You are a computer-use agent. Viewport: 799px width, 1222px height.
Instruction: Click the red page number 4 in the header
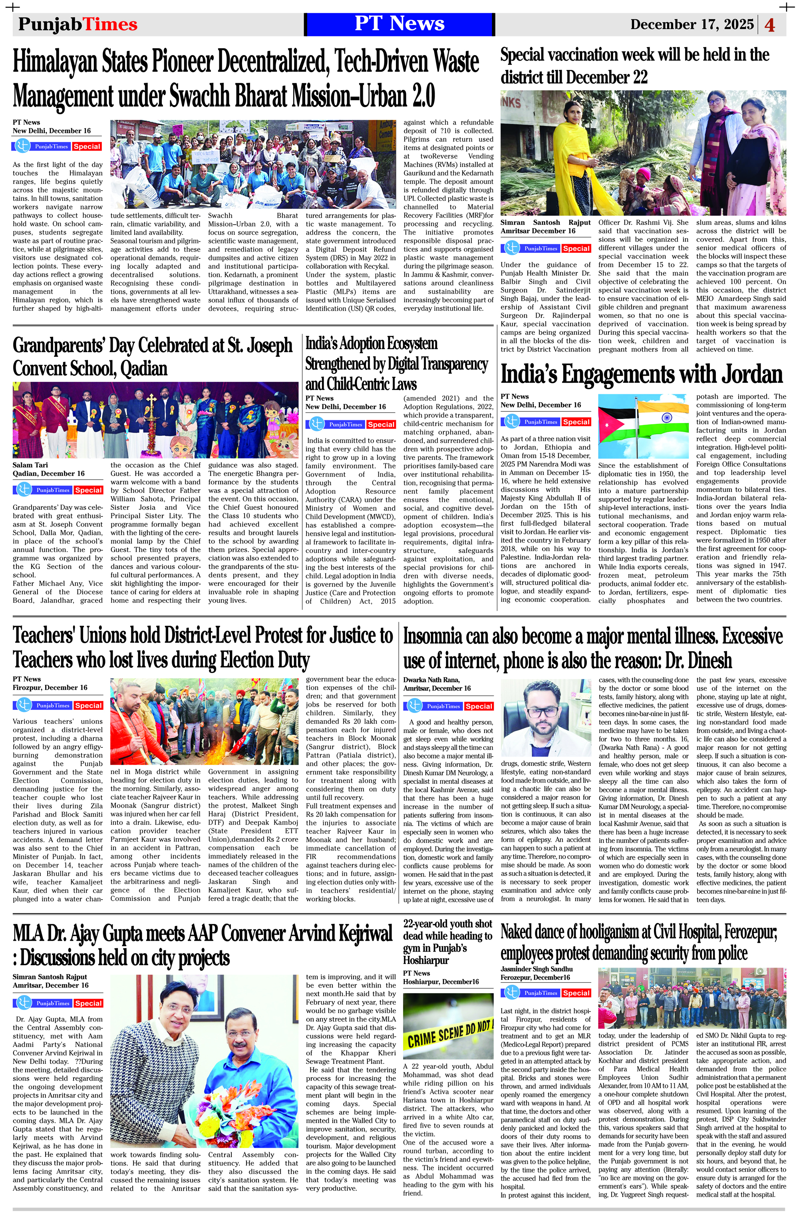pyautogui.click(x=770, y=25)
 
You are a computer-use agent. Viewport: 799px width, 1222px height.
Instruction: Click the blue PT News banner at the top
pyautogui.click(x=399, y=24)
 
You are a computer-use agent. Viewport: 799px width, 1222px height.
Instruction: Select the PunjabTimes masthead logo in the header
pyautogui.click(x=78, y=24)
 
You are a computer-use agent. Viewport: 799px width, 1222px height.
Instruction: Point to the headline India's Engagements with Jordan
pyautogui.click(x=641, y=374)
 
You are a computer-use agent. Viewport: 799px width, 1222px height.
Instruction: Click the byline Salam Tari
pyautogui.click(x=30, y=465)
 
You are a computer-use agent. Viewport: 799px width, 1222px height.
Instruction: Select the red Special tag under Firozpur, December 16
pyautogui.click(x=88, y=705)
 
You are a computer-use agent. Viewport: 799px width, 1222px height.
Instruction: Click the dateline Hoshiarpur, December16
pyautogui.click(x=441, y=982)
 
